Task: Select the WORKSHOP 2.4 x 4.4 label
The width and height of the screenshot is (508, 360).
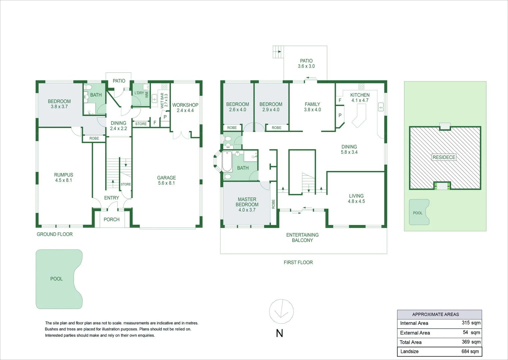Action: (x=185, y=107)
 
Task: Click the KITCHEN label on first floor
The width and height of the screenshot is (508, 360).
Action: (x=360, y=95)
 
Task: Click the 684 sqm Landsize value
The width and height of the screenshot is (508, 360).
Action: (x=470, y=351)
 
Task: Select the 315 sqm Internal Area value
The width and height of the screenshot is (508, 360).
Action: (x=471, y=323)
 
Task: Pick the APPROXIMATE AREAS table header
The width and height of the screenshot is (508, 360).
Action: (x=435, y=314)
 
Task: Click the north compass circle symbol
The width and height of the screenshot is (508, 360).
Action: (x=281, y=311)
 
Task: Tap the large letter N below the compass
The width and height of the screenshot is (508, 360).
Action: (x=279, y=333)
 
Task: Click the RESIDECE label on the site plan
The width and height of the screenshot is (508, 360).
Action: (x=444, y=157)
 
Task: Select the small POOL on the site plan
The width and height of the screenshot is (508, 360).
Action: (x=418, y=212)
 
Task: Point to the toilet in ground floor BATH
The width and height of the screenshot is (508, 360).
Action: (x=87, y=87)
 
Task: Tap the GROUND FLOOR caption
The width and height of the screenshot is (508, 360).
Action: (x=55, y=234)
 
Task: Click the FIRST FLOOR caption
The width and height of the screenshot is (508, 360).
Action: (x=298, y=262)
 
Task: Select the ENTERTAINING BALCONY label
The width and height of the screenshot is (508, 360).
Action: (x=302, y=237)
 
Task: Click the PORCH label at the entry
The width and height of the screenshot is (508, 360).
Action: (x=111, y=219)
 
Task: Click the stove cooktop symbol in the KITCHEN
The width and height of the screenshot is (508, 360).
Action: (x=361, y=87)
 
